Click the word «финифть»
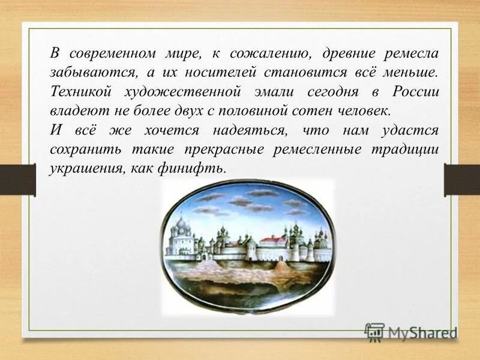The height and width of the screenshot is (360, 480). pos(199,169)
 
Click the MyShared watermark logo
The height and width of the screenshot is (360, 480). pos(411,332)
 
